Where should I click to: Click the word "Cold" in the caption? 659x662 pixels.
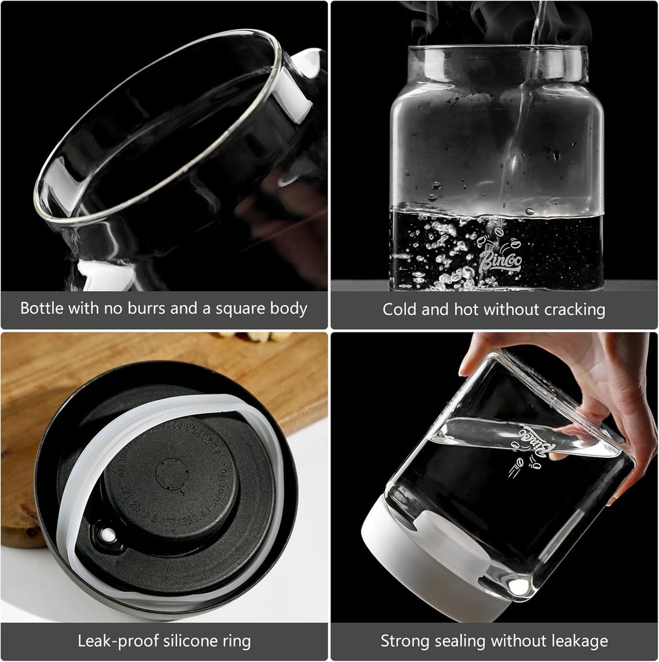point(400,310)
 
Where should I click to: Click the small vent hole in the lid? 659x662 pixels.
point(104,535)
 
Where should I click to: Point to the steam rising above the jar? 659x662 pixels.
point(492,19)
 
